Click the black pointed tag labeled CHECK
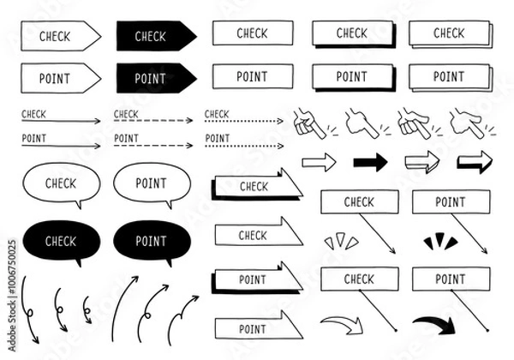click(152, 36)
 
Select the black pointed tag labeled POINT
click(152, 79)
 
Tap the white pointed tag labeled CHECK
click(58, 36)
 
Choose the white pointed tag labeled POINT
click(58, 79)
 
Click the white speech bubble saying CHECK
click(60, 183)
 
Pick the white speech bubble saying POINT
click(151, 183)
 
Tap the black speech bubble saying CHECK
click(60, 242)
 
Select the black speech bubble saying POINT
click(151, 242)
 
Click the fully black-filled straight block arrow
click(370, 162)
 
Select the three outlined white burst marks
click(341, 241)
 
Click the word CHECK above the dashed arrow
click(126, 113)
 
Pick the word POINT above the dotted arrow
click(217, 138)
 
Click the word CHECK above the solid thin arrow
click(34, 113)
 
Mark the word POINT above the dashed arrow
click(126, 138)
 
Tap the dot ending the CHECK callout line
click(395, 330)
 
